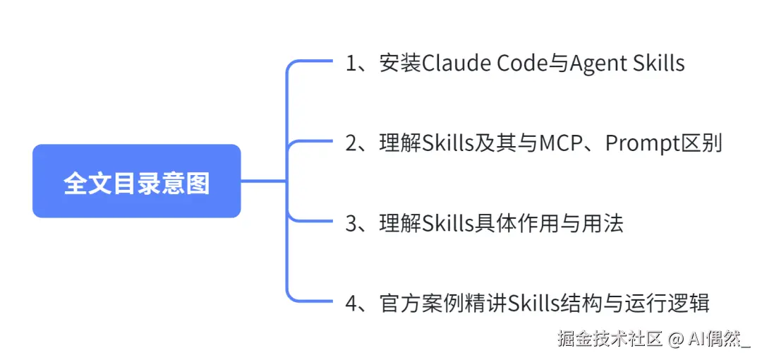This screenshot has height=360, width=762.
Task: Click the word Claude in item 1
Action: click(x=456, y=64)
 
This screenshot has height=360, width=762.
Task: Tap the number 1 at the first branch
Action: click(x=352, y=64)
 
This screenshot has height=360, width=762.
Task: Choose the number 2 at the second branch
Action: click(x=352, y=143)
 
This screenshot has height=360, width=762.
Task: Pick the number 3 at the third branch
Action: click(x=352, y=224)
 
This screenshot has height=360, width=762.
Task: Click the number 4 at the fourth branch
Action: click(x=352, y=304)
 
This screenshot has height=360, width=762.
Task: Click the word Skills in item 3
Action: click(x=446, y=224)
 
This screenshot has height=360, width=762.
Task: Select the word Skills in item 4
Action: click(x=533, y=304)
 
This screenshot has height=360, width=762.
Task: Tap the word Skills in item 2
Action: click(x=446, y=143)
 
